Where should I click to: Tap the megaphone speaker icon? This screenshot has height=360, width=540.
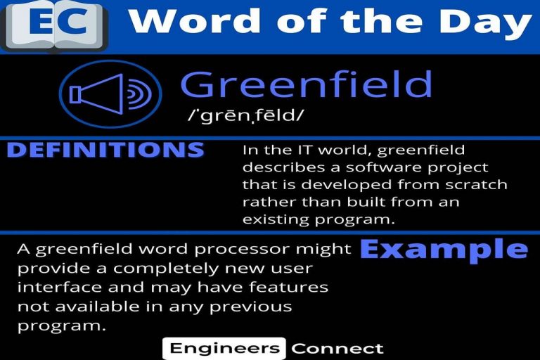click(110, 94)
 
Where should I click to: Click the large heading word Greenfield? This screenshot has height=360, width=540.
click(306, 84)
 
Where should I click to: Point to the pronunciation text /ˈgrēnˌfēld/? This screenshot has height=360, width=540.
click(246, 115)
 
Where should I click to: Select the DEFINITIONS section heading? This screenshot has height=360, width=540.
click(105, 150)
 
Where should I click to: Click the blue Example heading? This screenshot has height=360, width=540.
click(444, 250)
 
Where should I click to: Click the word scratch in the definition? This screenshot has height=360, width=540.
click(476, 185)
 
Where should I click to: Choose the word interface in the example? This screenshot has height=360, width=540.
click(60, 288)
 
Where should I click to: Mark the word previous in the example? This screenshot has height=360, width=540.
click(251, 307)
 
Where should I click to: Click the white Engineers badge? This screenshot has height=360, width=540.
click(224, 348)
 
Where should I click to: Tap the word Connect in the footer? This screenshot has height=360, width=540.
click(337, 349)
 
